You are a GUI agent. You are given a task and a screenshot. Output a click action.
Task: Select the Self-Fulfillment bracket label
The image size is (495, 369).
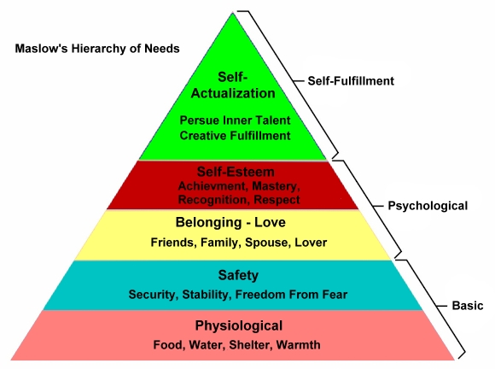click(351, 81)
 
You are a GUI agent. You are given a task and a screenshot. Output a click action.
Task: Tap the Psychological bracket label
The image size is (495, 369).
click(428, 206)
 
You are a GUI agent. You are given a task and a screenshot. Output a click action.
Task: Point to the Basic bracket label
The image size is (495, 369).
click(468, 306)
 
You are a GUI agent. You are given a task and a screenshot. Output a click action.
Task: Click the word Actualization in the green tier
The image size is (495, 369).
click(233, 93)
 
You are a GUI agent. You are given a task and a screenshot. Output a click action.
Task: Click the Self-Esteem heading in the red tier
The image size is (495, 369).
click(236, 172)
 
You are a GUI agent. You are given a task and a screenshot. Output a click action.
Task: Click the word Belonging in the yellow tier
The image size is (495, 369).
click(207, 223)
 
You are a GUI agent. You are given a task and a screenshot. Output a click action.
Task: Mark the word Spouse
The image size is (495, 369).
click(266, 243)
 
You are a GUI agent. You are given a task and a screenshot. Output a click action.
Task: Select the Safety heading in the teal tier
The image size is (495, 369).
click(238, 275)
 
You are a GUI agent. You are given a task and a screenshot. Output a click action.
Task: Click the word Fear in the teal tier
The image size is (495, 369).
click(335, 295)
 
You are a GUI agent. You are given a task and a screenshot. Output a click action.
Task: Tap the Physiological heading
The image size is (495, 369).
click(239, 325)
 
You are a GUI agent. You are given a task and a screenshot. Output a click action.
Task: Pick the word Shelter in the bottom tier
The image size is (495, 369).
click(250, 345)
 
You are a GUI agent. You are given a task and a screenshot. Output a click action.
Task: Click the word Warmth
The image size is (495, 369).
click(298, 345)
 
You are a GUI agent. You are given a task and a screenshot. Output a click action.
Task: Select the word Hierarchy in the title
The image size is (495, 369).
click(97, 49)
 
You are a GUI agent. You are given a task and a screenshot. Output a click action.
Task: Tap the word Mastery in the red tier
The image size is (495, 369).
click(276, 186)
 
